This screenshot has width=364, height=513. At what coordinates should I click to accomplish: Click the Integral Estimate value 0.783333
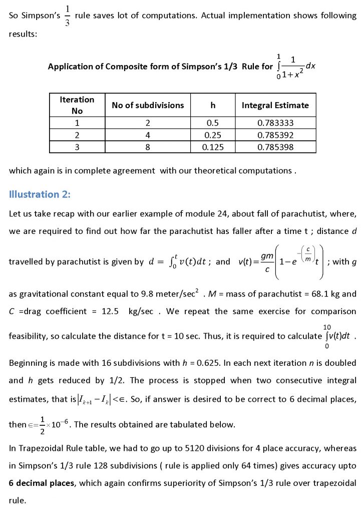click(275, 123)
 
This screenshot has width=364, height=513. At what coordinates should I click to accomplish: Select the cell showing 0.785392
click(275, 135)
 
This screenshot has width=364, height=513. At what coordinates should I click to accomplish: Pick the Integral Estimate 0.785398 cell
click(275, 147)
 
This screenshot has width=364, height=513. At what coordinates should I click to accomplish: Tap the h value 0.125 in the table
click(213, 147)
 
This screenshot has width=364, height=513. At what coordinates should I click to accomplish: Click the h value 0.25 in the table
click(213, 135)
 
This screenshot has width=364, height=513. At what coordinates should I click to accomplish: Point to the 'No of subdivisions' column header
click(148, 105)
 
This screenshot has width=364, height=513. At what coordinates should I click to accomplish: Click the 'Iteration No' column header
click(77, 105)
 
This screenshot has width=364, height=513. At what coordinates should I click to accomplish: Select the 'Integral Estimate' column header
click(275, 105)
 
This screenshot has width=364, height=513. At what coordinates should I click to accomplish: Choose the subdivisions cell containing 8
click(148, 147)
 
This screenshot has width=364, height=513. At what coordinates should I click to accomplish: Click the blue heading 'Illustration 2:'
click(41, 194)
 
